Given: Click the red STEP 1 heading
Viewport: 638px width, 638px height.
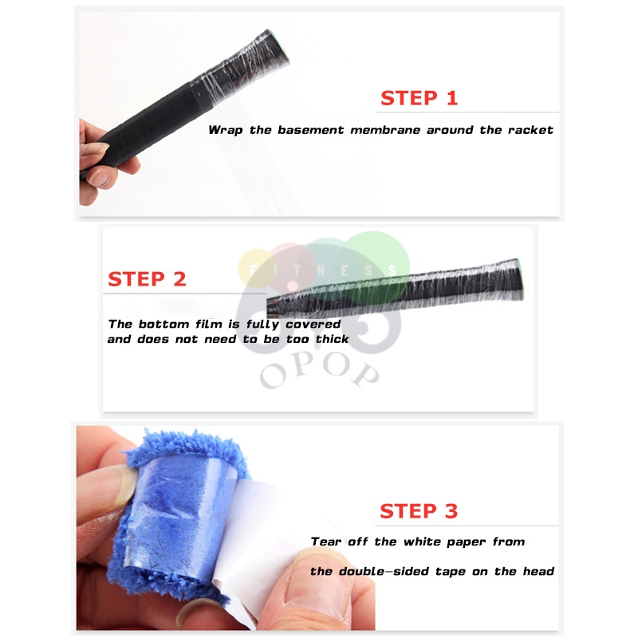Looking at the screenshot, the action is [419, 98].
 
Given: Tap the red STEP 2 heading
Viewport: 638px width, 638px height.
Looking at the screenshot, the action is [147, 279].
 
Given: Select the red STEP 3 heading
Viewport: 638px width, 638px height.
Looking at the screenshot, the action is [419, 511].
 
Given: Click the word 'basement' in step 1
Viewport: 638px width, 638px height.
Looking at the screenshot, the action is [310, 130].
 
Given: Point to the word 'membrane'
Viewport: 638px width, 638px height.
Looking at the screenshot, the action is [385, 130].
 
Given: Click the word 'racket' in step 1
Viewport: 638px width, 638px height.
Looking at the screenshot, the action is [530, 130].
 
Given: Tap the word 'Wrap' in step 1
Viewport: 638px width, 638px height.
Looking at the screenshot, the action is [226, 131].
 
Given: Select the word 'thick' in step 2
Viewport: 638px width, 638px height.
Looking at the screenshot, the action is [333, 339].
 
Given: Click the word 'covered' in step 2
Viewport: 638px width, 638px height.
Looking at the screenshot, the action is [313, 325].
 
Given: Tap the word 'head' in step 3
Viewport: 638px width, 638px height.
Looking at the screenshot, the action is [538, 571].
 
